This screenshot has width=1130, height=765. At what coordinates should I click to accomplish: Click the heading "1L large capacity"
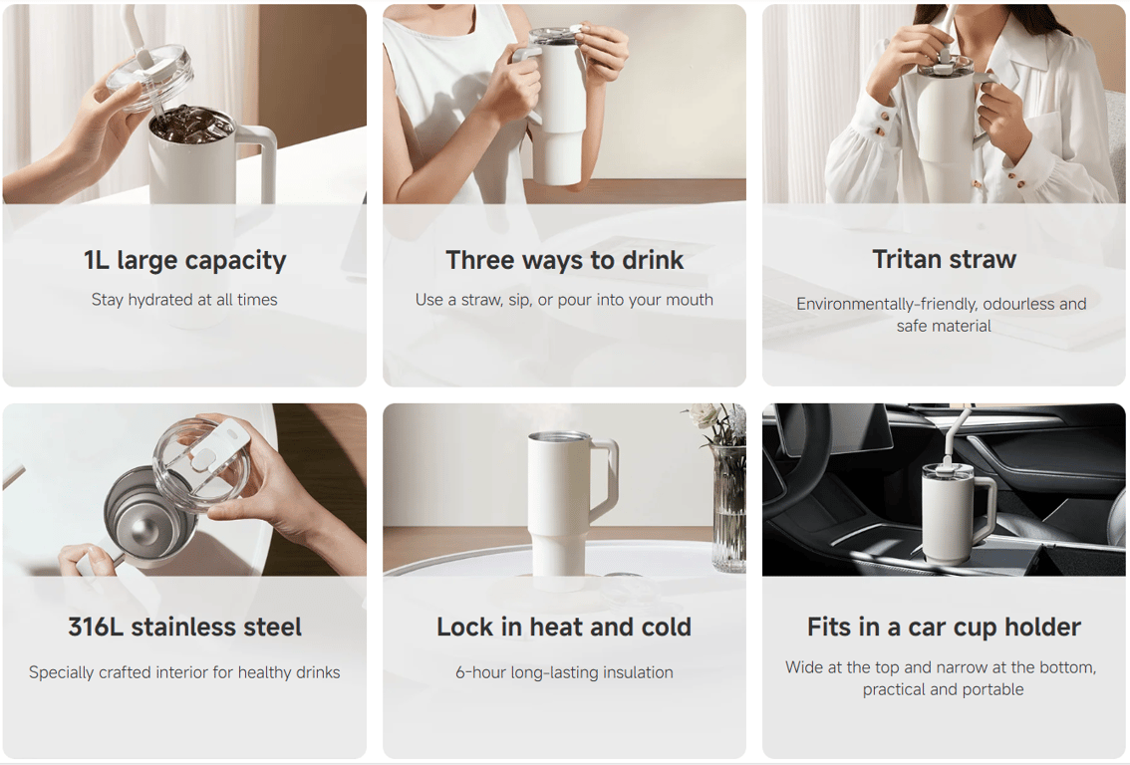coord(184,260)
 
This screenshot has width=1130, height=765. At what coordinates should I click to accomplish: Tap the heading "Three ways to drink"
coord(564,260)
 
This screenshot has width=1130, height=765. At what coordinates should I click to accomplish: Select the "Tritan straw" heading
coord(944,259)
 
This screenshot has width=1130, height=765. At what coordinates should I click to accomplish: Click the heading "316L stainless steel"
coord(184,627)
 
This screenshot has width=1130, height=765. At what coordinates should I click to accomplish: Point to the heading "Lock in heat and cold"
coord(564,627)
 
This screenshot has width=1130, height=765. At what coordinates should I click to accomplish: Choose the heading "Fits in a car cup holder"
coord(944,627)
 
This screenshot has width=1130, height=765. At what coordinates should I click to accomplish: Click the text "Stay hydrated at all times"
coord(184,300)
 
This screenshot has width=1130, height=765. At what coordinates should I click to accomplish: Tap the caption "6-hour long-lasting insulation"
coord(564,672)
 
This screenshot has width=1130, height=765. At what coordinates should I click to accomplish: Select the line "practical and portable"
coord(944,689)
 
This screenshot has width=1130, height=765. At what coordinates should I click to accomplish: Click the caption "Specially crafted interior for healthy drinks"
coord(184,672)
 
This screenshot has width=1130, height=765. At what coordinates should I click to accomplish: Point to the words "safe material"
coord(944,326)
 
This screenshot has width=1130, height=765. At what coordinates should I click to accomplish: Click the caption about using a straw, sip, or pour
coord(564,300)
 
